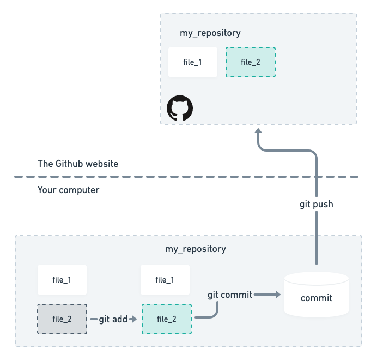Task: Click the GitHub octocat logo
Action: pyautogui.click(x=180, y=109)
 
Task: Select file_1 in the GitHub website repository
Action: pyautogui.click(x=193, y=62)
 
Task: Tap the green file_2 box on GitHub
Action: pyautogui.click(x=250, y=62)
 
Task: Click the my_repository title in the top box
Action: pyautogui.click(x=210, y=33)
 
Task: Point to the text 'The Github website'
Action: pyautogui.click(x=77, y=164)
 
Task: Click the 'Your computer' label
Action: pyautogui.click(x=68, y=190)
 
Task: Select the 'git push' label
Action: pyautogui.click(x=316, y=205)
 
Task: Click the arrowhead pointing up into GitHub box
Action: pyautogui.click(x=259, y=133)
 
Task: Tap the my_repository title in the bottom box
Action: pyautogui.click(x=195, y=249)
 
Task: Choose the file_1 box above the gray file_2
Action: pyautogui.click(x=62, y=279)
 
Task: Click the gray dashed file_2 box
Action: pyautogui.click(x=62, y=319)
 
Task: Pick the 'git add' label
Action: pyautogui.click(x=113, y=319)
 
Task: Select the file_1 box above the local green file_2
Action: pyautogui.click(x=165, y=279)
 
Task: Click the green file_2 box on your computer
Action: pyautogui.click(x=166, y=319)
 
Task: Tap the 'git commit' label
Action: pyautogui.click(x=230, y=295)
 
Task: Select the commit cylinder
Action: pyautogui.click(x=317, y=297)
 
